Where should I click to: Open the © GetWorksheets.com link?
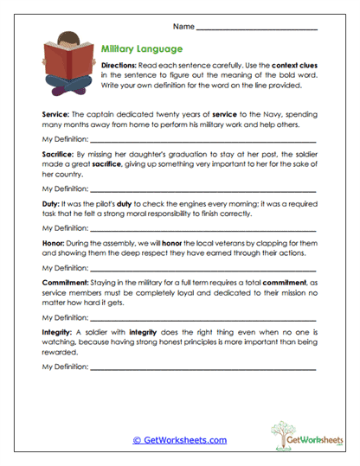point(179,440)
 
